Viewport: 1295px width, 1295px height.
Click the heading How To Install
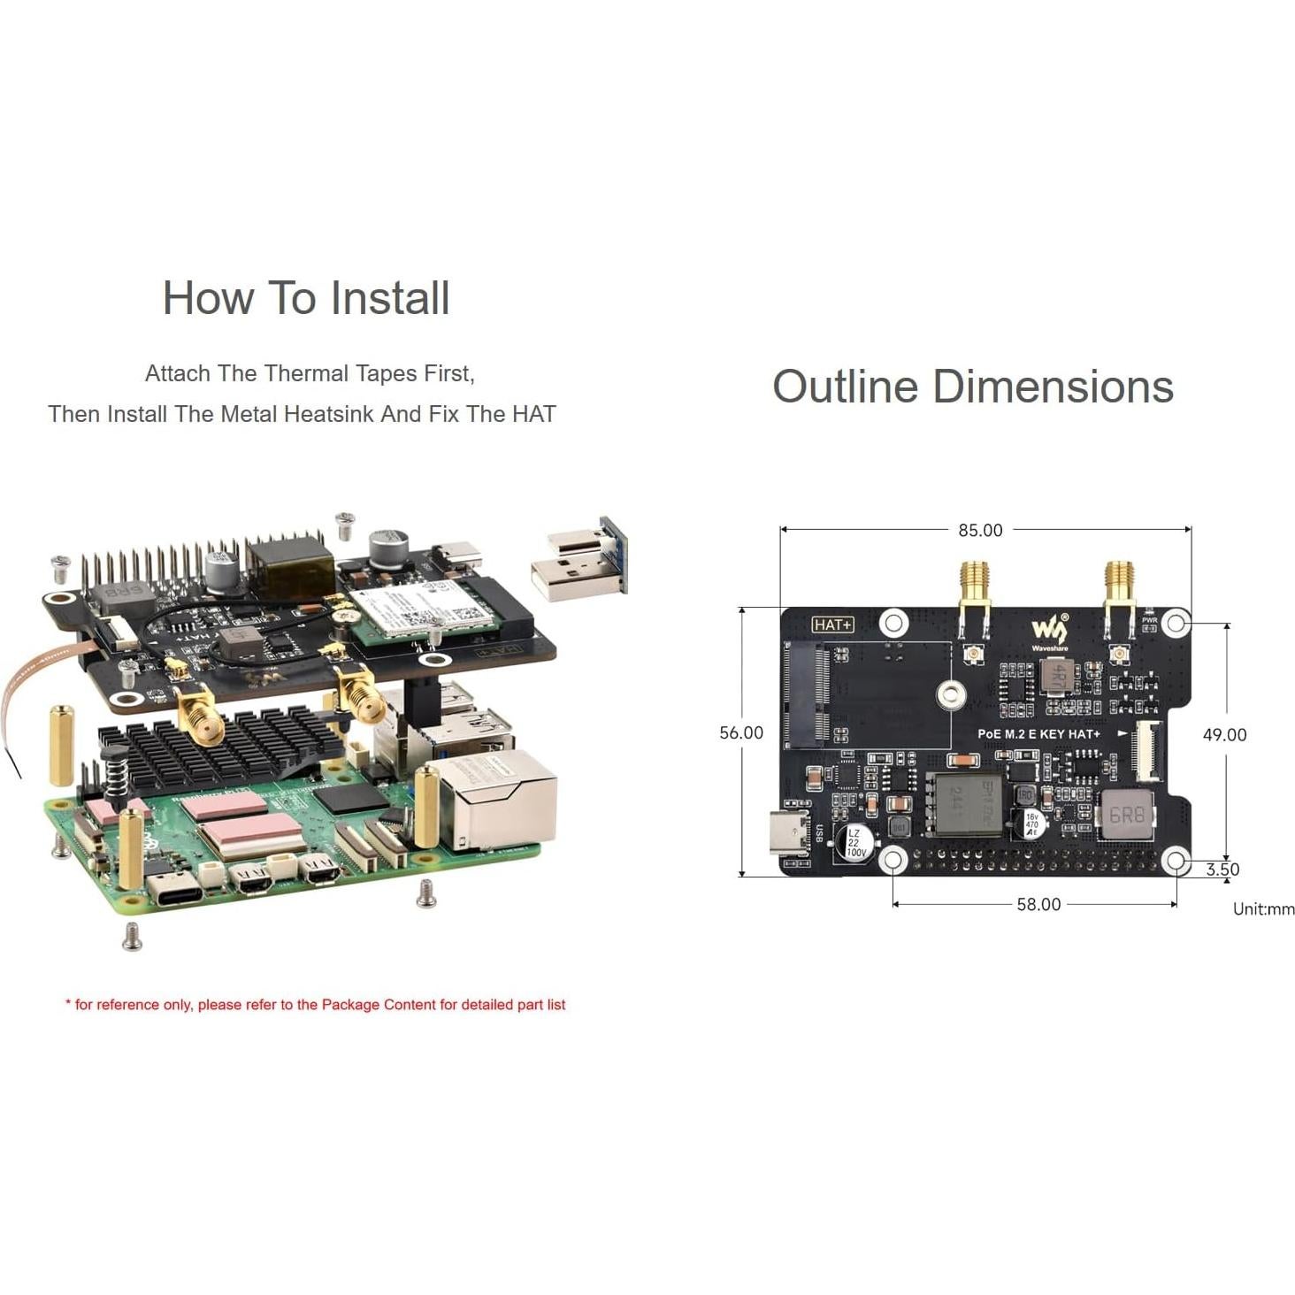click(306, 298)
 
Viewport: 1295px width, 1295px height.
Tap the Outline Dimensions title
click(972, 387)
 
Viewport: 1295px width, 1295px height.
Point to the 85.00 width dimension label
click(980, 530)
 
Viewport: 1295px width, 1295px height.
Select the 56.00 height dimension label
click(740, 732)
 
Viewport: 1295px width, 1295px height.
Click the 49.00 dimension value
click(1224, 734)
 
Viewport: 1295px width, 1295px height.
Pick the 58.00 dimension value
click(1038, 904)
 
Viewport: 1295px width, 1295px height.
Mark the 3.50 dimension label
click(1222, 869)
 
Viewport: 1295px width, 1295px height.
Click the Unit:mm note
click(1263, 908)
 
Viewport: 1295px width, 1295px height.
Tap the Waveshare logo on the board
click(1049, 632)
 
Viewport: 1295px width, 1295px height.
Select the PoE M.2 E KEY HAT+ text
click(1038, 734)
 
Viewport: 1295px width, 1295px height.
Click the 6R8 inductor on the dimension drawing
click(1126, 815)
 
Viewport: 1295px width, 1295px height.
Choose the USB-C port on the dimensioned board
click(788, 832)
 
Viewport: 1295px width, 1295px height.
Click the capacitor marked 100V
click(855, 842)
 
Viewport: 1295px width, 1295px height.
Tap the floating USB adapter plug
click(577, 559)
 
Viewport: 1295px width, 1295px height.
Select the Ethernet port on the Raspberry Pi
click(495, 801)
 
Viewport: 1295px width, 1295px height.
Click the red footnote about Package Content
click(315, 1004)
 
